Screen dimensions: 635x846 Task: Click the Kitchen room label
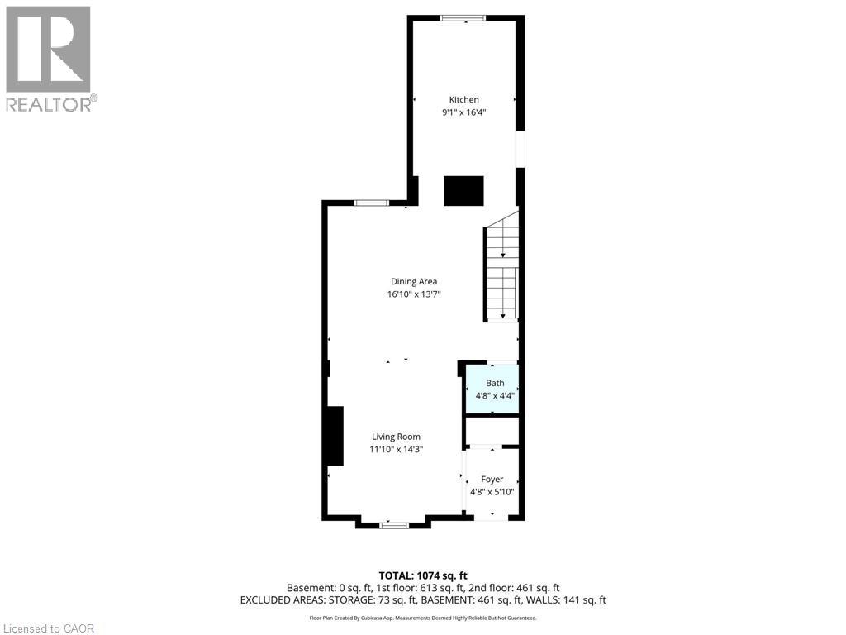pos(463,100)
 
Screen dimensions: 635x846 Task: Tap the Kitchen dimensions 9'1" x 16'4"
pos(463,112)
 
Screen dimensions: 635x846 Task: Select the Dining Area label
pos(414,281)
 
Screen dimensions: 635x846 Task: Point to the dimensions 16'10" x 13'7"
pos(414,294)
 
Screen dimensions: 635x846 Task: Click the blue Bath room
pos(493,389)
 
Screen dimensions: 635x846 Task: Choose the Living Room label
pos(396,437)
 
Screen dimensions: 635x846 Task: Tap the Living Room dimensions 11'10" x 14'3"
pos(396,450)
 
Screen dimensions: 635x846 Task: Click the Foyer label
pos(492,479)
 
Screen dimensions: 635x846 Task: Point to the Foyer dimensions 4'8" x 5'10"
pos(492,492)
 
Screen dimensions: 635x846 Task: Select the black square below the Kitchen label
pos(463,190)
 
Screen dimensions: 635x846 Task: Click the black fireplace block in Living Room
pos(335,436)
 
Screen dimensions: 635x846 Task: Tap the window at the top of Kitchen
pos(463,18)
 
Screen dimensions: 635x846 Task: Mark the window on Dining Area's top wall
pos(372,203)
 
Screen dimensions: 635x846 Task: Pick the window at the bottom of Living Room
pos(394,524)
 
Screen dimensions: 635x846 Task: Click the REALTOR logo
pos(50,58)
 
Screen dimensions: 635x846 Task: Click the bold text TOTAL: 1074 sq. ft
pos(423,575)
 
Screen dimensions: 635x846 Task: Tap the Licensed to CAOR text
pos(48,628)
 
